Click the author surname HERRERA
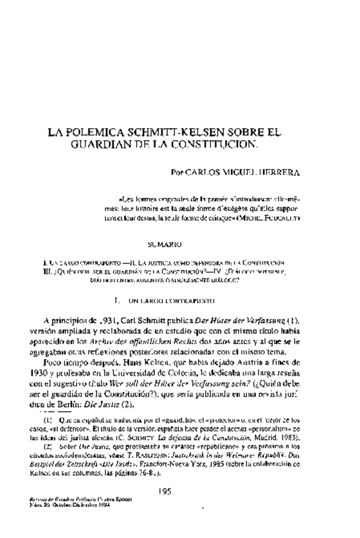click(281, 172)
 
